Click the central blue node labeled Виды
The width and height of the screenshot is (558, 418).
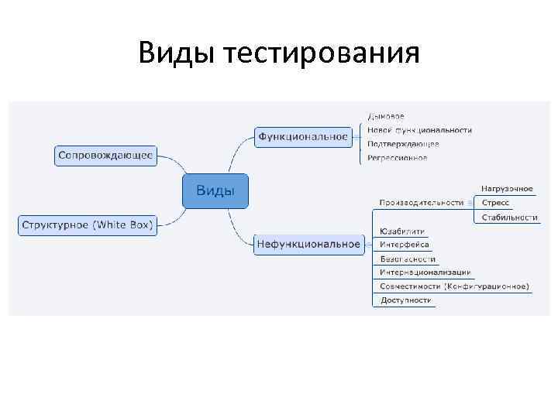point(215,191)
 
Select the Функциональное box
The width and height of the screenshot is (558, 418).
point(303,137)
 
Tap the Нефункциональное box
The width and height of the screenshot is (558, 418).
point(308,245)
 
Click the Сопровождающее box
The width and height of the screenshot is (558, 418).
point(105,155)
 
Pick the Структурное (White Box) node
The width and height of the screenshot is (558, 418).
point(88,225)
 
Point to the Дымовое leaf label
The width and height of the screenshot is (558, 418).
point(385,117)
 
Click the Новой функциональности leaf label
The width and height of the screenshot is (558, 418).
point(419,130)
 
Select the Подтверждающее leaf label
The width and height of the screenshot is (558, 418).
point(403,144)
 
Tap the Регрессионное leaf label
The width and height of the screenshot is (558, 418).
point(398,158)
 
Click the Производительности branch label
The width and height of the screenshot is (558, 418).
point(421,203)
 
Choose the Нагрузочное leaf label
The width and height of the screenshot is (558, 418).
point(508,189)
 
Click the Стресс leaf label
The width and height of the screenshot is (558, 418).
point(495,203)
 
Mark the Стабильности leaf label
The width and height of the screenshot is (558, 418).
point(509,218)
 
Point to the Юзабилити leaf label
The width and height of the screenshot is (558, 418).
point(402,231)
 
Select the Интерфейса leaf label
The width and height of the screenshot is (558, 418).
point(405,245)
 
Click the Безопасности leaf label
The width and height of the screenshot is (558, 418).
point(408,259)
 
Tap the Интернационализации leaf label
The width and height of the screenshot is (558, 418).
point(425,272)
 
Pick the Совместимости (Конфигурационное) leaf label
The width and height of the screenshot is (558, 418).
point(455,286)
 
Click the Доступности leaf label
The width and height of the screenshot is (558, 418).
point(406,300)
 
